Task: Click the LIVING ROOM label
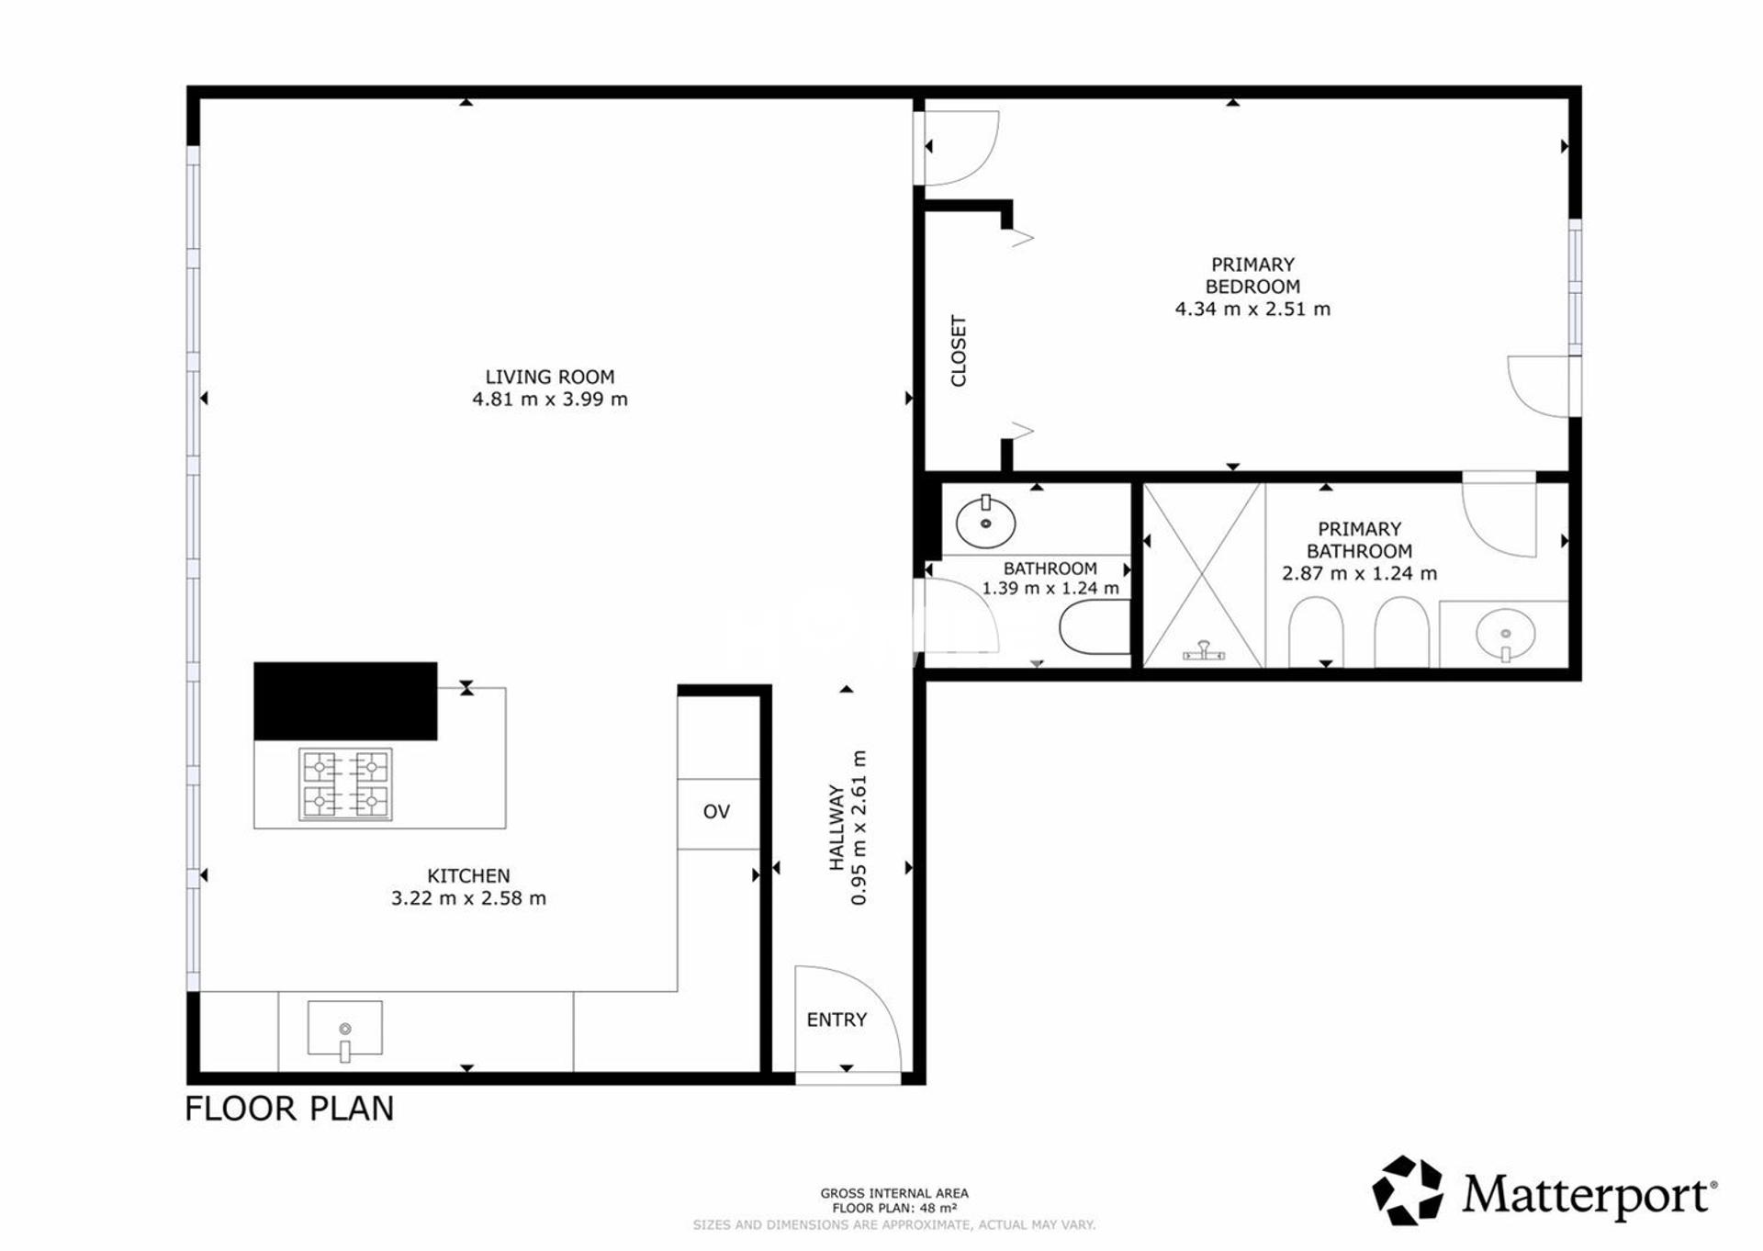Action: click(550, 377)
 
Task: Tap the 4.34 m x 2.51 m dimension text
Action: click(1252, 309)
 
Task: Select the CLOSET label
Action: click(959, 351)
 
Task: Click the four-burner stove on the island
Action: click(345, 784)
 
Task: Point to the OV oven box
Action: click(718, 814)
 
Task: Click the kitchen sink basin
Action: click(344, 1029)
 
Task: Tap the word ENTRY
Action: click(837, 1020)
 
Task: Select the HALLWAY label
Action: click(837, 827)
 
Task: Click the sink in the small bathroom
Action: click(986, 522)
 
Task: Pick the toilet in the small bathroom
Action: click(1095, 628)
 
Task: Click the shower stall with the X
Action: click(1204, 575)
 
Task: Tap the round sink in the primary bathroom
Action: click(1505, 634)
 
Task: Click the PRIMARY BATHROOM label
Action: click(1360, 540)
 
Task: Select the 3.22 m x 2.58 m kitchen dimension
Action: click(468, 898)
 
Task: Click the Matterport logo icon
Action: click(1408, 1190)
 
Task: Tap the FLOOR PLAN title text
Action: click(289, 1109)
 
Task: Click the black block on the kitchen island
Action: click(345, 701)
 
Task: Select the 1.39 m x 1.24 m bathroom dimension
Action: click(1050, 589)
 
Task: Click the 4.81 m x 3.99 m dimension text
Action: click(550, 399)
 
